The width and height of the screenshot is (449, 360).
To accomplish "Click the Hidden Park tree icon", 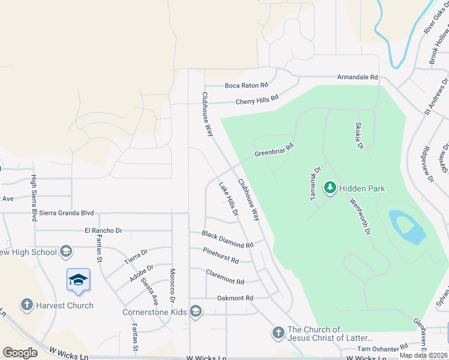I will tap(330, 188).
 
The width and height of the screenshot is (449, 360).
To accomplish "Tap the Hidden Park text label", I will tap(362, 188).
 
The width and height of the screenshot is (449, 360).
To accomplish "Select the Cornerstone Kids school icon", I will tap(195, 311).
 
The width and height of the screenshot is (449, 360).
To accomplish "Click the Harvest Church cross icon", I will tap(26, 305).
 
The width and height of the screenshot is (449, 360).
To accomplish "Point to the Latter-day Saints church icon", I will tap(277, 332).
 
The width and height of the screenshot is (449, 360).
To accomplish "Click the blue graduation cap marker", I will tap(78, 280).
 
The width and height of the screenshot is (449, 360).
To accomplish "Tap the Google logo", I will tap(20, 353).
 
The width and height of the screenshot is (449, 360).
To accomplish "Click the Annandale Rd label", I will tap(358, 77).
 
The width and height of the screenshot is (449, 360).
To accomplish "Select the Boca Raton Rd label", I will tap(246, 86).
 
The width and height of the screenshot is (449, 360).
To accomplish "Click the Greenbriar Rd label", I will tap(273, 150).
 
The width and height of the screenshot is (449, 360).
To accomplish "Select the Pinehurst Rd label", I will tap(220, 256).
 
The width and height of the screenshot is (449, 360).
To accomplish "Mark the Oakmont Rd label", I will tap(235, 298).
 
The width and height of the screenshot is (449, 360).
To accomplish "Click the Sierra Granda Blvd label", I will tap(63, 212).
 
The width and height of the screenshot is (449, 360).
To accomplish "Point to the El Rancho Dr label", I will tap(103, 230).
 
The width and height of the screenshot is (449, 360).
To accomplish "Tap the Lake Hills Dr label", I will tap(228, 199).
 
